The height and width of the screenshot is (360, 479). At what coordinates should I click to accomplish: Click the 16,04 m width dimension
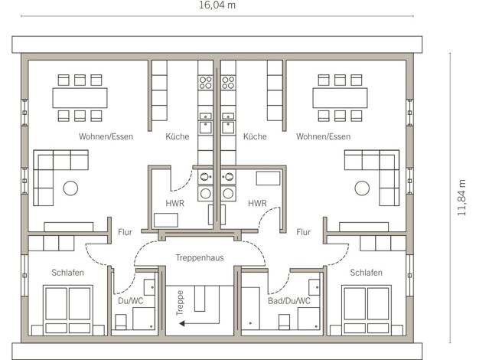217,5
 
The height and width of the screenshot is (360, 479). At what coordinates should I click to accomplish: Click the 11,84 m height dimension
461,198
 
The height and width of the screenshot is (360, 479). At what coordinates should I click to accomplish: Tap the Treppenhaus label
200,258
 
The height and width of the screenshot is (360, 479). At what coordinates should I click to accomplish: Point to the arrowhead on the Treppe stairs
182,323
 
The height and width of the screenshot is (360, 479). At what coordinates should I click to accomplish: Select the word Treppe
180,303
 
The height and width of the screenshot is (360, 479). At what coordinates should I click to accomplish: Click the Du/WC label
130,301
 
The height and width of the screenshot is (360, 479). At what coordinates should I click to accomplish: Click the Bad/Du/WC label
289,301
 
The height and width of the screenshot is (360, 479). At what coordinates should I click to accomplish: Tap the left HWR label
174,203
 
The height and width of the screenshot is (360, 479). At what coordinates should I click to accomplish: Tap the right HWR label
257,203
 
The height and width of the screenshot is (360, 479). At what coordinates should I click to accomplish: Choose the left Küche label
178,136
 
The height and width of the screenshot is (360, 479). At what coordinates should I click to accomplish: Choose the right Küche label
255,136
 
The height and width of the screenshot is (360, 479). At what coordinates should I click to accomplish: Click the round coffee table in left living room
70,188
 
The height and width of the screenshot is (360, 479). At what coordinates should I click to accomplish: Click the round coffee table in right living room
362,188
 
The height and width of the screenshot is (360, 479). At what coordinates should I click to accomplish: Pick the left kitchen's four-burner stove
205,83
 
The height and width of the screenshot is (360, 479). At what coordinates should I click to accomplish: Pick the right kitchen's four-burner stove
228,83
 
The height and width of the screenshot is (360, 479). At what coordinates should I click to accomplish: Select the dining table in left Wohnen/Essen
80,98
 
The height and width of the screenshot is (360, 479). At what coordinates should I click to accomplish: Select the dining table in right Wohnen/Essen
340,98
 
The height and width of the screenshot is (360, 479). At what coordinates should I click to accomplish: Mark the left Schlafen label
67,273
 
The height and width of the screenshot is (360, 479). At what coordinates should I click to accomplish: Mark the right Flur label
303,232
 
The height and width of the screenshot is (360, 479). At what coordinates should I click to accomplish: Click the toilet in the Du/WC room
121,322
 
